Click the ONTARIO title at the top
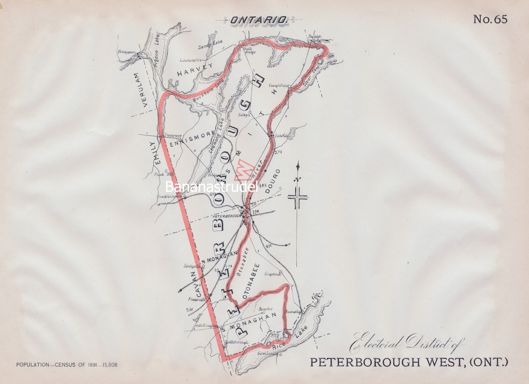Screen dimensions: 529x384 (258, 20)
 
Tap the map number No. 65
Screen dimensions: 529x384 (490, 19)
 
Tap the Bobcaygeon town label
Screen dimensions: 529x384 (126, 51)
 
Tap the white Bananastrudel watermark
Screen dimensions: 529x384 (211, 187)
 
